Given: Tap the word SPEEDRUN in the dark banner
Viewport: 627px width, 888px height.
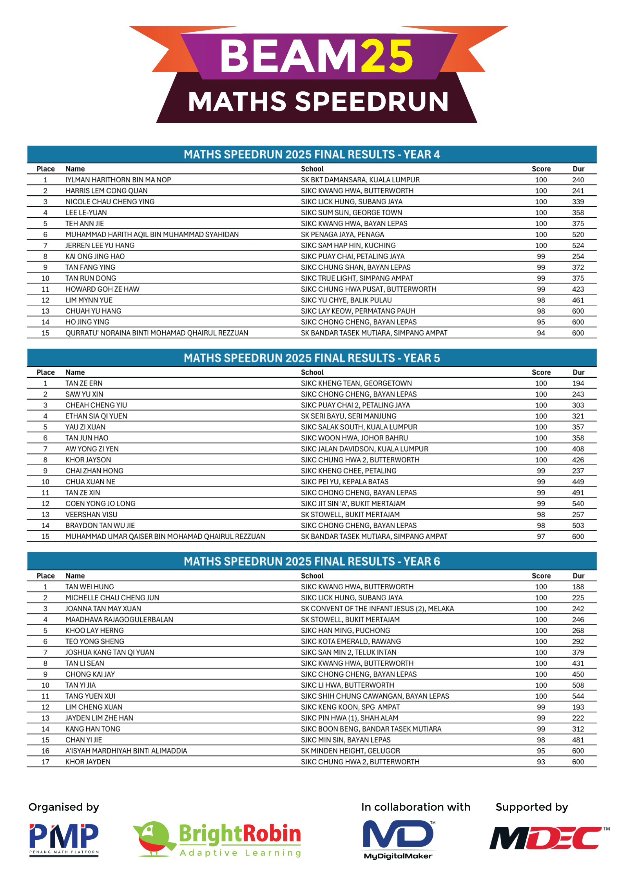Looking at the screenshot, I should click(x=371, y=102).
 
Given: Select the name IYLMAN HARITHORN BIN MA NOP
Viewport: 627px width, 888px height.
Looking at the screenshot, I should click(x=118, y=180).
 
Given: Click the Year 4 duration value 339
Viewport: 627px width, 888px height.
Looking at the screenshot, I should click(x=578, y=202).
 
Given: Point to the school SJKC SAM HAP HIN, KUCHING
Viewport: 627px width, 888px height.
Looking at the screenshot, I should click(x=348, y=245).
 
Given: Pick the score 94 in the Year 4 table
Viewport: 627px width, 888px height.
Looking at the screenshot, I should click(x=541, y=333).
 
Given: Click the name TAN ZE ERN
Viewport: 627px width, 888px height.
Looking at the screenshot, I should click(x=84, y=383).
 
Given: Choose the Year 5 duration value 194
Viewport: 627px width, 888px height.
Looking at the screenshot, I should click(x=578, y=383).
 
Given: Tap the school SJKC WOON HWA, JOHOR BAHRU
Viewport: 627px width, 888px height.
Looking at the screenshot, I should click(x=354, y=438).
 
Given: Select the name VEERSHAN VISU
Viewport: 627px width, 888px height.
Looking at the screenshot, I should click(x=91, y=514).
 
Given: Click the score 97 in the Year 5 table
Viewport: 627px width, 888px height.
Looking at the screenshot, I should click(x=541, y=536).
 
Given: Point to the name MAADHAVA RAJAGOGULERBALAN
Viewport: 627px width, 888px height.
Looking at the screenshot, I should click(x=119, y=619).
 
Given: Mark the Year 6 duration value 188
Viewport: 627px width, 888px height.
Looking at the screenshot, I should click(x=578, y=587).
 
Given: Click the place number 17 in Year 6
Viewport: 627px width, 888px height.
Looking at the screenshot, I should click(x=45, y=762).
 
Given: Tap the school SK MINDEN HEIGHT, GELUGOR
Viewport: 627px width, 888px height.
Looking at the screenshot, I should click(x=350, y=751).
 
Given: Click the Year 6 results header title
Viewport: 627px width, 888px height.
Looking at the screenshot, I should click(x=312, y=561).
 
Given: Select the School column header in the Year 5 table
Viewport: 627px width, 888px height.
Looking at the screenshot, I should click(x=312, y=372).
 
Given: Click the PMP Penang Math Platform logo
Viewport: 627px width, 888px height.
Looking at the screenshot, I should click(x=64, y=839).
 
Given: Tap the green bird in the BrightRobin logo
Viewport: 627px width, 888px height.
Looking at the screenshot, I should click(x=154, y=837).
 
